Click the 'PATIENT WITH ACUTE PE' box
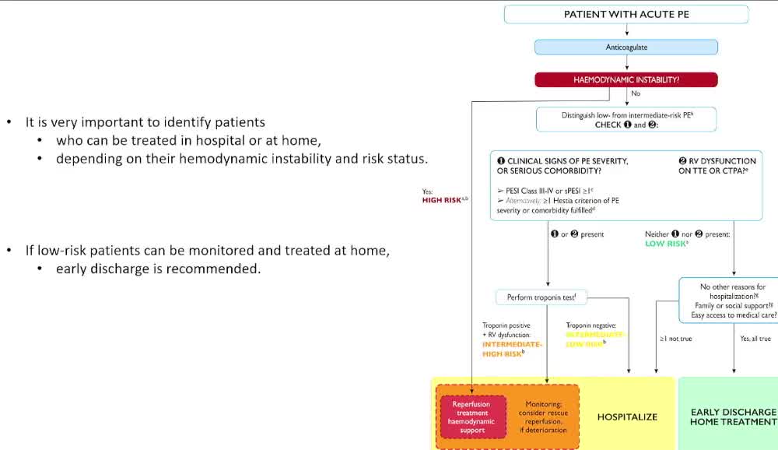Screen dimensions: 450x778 [x=626, y=14]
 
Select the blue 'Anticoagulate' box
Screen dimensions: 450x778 [x=626, y=47]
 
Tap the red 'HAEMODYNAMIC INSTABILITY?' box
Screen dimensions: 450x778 [x=626, y=79]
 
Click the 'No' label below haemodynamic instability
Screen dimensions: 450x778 [x=636, y=93]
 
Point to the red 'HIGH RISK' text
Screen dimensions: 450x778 [x=441, y=200]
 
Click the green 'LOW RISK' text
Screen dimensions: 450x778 [x=666, y=244]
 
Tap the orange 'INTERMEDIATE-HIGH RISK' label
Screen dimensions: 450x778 [x=512, y=349]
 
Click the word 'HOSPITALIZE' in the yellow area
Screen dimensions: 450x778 [x=627, y=417]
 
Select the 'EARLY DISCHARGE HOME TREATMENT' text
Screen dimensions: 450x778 [x=733, y=417]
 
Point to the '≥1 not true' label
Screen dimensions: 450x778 [x=675, y=339]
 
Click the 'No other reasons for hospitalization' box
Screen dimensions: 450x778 [x=728, y=301]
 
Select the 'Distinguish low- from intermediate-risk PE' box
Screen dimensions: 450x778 [x=626, y=119]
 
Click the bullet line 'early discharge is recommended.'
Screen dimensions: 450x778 [x=158, y=269]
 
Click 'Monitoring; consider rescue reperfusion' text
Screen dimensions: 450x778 [x=542, y=417]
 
